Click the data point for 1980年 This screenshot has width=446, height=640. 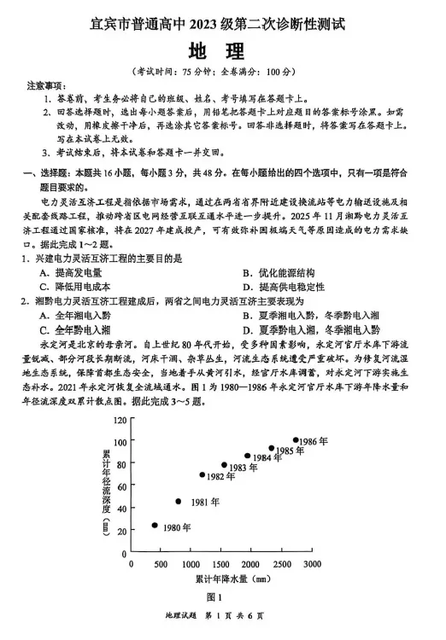pos(155,526)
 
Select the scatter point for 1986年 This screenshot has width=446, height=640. pos(296,440)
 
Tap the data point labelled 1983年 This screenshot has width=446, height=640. pos(224,465)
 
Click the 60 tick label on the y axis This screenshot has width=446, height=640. pos(120,486)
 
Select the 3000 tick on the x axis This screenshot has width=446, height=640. pos(312,564)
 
